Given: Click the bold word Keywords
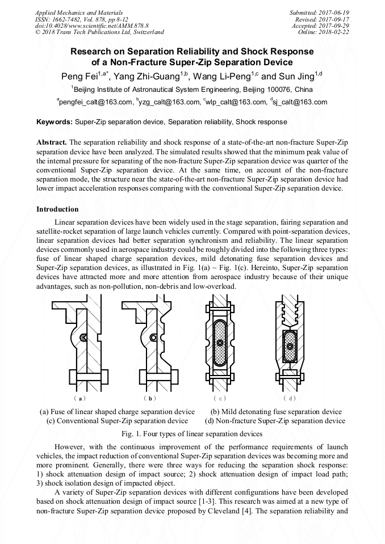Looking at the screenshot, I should pos(54,122).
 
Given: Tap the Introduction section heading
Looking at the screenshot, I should pos(57,209).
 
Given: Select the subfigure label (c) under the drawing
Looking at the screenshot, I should pos(219,399).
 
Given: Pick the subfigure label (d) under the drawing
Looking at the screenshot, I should pos(290,399).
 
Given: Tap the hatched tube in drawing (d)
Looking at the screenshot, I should pos(290,343).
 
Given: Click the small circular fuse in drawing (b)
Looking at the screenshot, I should pos(153,338).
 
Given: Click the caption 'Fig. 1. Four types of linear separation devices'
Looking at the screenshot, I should pos(192,434).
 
